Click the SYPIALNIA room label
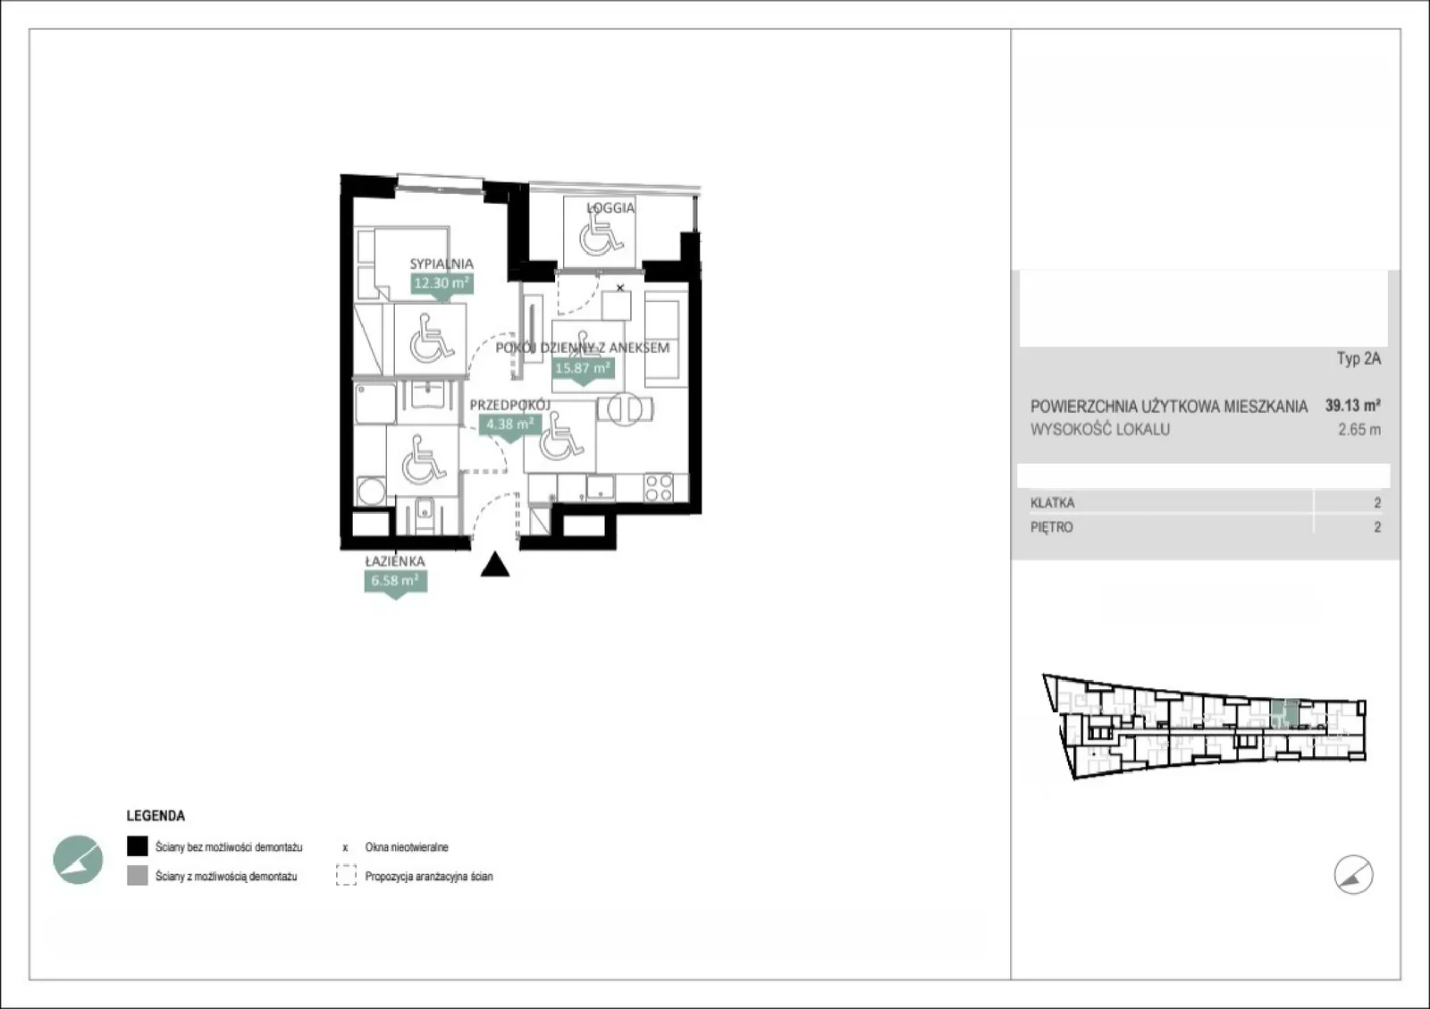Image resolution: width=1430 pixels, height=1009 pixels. (442, 264)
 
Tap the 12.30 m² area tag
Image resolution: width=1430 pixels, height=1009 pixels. (442, 283)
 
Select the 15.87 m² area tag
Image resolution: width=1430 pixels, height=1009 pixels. (582, 368)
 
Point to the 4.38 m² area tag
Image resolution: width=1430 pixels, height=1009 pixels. (509, 425)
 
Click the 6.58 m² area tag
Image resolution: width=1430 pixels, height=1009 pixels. (395, 581)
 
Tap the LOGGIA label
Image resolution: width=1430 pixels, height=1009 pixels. (610, 208)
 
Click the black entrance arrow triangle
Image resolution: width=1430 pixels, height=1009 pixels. (495, 564)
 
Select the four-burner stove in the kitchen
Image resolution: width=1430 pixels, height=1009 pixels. (658, 488)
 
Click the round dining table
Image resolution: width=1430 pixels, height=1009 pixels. (625, 409)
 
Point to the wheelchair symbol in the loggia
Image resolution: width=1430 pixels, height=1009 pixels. (600, 233)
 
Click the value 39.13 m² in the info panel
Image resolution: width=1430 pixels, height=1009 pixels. (1353, 406)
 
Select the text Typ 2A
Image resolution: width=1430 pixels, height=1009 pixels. (1359, 358)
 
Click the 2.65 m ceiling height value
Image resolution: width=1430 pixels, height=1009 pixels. (1359, 430)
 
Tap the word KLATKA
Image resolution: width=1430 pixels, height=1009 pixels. (1052, 503)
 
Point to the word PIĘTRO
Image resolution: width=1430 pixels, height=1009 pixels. (1051, 527)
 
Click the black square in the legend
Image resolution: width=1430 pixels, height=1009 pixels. (138, 846)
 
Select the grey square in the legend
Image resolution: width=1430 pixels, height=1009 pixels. (138, 876)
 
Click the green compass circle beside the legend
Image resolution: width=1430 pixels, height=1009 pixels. (78, 860)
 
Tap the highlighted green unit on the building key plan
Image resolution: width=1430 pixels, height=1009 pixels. (1284, 713)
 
